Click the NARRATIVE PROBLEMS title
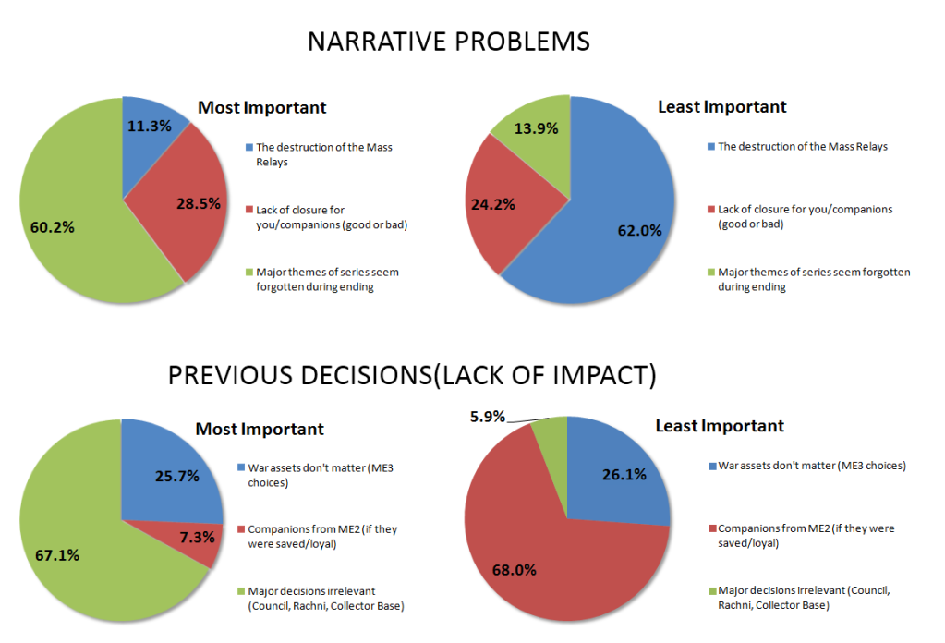[448, 42]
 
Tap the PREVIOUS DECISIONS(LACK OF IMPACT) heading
[411, 375]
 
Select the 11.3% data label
[148, 127]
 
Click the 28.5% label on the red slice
[197, 203]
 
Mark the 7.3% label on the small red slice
[195, 537]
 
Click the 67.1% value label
[55, 554]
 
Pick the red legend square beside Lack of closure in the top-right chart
[710, 210]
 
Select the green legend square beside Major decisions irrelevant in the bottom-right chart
[710, 590]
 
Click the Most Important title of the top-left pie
[262, 107]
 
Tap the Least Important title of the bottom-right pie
[720, 425]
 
